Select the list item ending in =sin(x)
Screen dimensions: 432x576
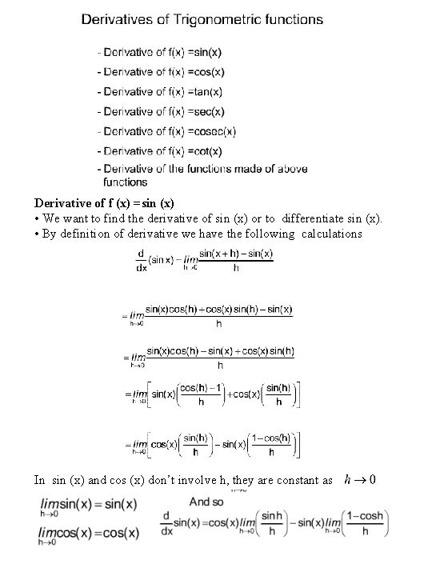coord(160,52)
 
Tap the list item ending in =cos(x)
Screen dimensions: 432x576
coord(161,72)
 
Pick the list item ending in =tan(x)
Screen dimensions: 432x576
coord(160,92)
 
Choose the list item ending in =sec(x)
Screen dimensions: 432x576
coord(161,111)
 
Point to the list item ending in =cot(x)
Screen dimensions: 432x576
coord(160,150)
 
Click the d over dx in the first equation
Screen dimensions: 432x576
coord(140,262)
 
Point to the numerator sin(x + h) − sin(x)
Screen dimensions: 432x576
coord(236,254)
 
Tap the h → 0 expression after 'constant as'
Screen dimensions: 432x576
coord(359,480)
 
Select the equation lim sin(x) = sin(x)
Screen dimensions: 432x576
coord(86,506)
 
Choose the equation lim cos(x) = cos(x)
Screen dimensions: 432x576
coord(86,533)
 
